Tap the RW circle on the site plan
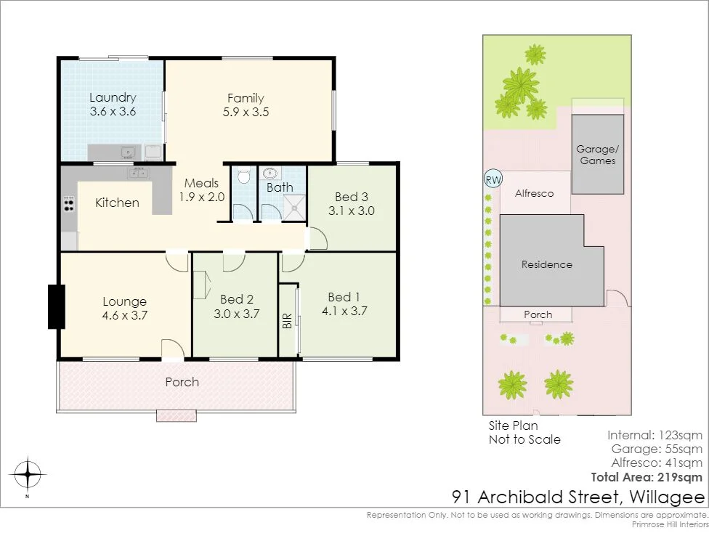(493, 179)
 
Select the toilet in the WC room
(244, 176)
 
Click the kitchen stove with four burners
(68, 203)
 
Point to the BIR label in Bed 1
(287, 321)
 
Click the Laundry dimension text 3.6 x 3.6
(113, 112)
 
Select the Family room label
(246, 98)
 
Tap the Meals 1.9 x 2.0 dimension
(203, 197)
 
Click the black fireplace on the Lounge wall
(56, 306)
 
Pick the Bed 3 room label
(352, 197)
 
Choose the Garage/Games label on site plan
(596, 155)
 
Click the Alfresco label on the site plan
(534, 193)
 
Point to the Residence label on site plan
(546, 264)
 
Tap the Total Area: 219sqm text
(647, 477)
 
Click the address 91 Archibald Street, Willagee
(578, 497)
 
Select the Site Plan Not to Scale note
(524, 432)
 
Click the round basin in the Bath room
(270, 174)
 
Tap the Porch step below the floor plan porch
(176, 416)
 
